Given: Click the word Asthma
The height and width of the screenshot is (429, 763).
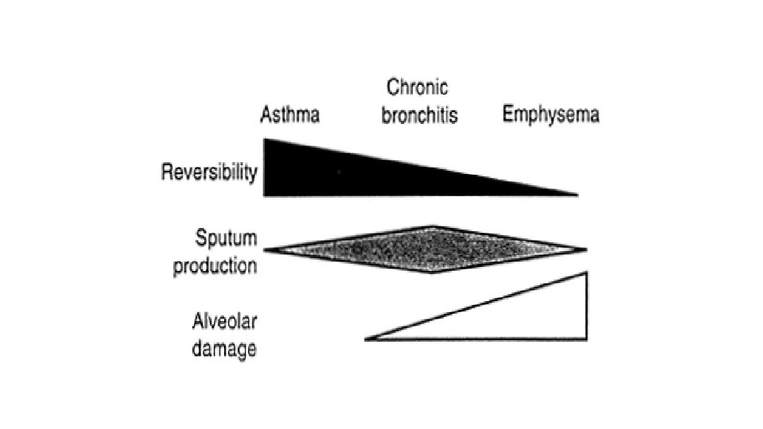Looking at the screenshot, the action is tap(290, 115).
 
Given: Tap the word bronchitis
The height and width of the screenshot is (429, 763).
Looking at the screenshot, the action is tap(420, 115).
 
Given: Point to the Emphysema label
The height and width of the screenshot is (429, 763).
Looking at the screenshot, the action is tap(551, 115).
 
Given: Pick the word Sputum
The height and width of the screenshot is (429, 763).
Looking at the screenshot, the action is tap(226, 236).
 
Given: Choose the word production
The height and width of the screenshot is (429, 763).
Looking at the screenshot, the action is tap(215, 265).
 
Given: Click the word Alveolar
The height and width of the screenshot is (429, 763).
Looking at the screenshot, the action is tap(224, 321).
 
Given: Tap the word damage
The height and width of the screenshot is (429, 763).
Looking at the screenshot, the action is tap(224, 348).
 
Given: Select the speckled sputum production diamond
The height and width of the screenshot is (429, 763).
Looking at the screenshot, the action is tap(429, 249).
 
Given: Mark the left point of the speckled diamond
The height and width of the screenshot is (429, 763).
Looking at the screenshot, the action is tap(265, 250).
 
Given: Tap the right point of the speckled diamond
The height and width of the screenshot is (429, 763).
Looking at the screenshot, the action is tap(586, 249).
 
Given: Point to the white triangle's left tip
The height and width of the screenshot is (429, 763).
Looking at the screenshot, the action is tap(368, 339).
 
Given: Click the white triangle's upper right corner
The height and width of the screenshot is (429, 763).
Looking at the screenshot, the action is tap(587, 273).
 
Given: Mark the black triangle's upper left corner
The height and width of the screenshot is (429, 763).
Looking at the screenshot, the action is tap(265, 140).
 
